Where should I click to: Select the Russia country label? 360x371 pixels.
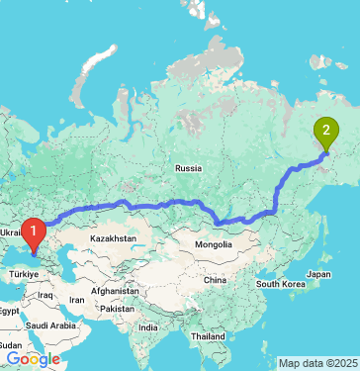pos(188,168)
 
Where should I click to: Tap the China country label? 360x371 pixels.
pos(216,280)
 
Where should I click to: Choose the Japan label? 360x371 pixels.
pos(317,273)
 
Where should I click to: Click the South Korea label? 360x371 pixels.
pos(281,284)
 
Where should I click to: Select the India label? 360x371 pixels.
pos(147,326)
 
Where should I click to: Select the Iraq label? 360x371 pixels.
pos(45,294)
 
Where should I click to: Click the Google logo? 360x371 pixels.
pos(32,358)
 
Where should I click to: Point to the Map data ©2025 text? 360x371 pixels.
pos(317,363)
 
